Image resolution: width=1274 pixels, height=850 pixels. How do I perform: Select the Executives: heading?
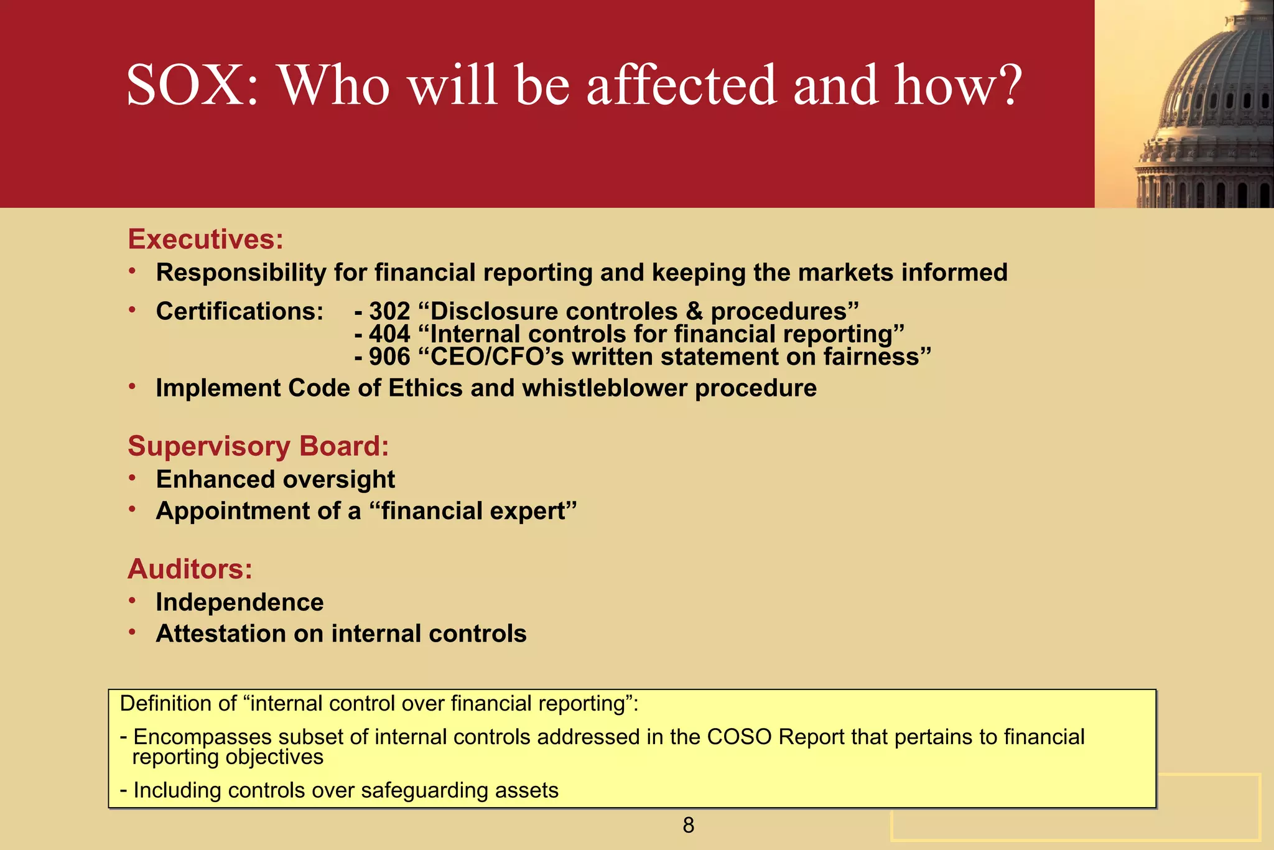(205, 240)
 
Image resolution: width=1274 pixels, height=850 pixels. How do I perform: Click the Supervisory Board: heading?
(258, 446)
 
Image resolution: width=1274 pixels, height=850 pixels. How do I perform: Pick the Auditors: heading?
(190, 569)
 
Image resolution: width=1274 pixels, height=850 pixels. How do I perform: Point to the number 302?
(389, 311)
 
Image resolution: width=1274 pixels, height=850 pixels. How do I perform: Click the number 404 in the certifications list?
(389, 334)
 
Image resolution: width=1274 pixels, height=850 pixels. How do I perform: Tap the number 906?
(389, 357)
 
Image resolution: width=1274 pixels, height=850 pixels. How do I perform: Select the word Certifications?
(239, 311)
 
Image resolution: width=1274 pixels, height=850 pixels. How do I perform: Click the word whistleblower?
(605, 388)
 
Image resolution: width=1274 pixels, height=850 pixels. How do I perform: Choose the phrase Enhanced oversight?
(275, 480)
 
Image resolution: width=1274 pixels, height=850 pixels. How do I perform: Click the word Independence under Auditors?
(239, 602)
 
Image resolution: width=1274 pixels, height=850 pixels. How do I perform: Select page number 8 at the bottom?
(688, 826)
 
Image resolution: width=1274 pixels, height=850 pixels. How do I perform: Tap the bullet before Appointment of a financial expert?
(132, 510)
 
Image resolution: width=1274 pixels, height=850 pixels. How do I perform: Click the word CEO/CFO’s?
(497, 357)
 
